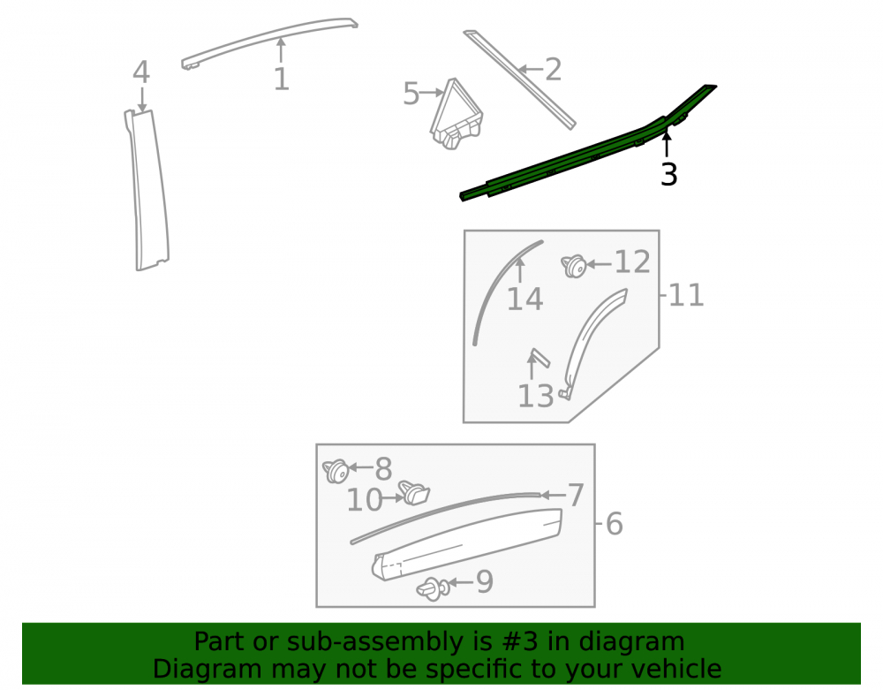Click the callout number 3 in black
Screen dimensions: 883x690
coord(668,174)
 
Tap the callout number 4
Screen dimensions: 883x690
coord(141,72)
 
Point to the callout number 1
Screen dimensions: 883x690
coord(281,79)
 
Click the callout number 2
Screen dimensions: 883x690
coord(554,70)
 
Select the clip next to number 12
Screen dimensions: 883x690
coord(574,265)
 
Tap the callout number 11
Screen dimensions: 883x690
coord(686,295)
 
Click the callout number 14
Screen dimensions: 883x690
coord(525,300)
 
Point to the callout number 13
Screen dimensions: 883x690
coord(536,396)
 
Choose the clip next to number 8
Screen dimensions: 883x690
coord(336,471)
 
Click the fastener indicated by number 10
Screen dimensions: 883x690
coord(414,493)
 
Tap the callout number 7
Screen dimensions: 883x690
coord(576,495)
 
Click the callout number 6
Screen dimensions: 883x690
coord(615,524)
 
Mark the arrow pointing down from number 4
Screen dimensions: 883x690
coord(142,100)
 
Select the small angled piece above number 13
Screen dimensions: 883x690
coord(539,358)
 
